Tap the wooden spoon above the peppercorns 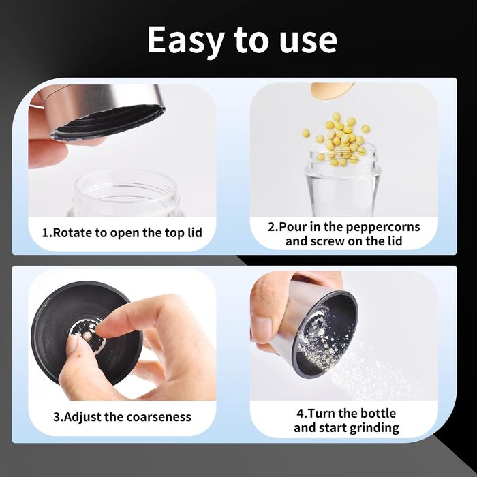[x=333, y=91]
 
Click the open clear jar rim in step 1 [x=125, y=185]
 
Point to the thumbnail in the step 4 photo [x=261, y=329]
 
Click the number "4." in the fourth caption [x=302, y=414]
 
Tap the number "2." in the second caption [x=273, y=227]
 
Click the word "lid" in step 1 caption [x=195, y=233]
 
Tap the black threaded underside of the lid [x=108, y=122]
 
